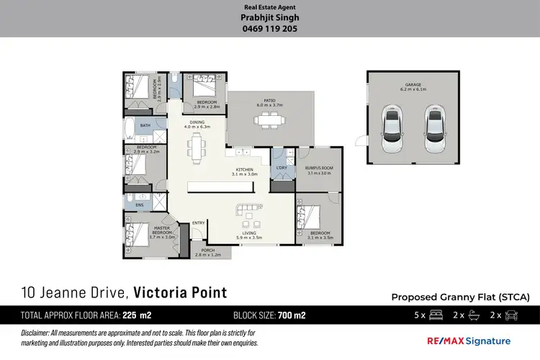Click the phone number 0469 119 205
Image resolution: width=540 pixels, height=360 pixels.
click(x=269, y=30)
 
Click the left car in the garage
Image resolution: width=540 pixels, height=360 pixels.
click(x=392, y=130)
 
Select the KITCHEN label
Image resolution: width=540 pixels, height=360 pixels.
click(x=244, y=171)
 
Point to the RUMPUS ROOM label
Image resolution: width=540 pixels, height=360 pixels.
click(x=319, y=171)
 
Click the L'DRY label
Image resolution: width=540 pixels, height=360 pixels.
click(x=281, y=168)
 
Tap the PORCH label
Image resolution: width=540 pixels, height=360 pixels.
click(x=208, y=252)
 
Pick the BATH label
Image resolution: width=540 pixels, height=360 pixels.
click(x=145, y=126)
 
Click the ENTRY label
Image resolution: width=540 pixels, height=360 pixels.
click(x=199, y=222)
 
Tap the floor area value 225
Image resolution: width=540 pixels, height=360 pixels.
click(x=131, y=315)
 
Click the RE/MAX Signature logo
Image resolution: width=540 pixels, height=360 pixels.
click(x=470, y=341)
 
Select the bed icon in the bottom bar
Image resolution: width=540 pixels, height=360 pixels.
click(x=435, y=315)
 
